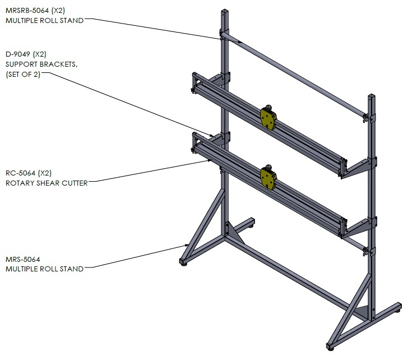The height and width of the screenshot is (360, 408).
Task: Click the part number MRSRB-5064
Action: pyautogui.click(x=27, y=11)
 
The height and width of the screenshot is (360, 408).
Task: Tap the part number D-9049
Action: pyautogui.click(x=18, y=54)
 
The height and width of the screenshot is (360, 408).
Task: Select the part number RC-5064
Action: pyautogui.click(x=20, y=173)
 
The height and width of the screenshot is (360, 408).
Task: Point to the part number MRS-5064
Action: pyautogui.click(x=23, y=259)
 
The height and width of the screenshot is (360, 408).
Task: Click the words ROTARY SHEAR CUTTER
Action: pyautogui.click(x=47, y=183)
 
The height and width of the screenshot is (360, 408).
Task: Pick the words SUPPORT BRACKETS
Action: pyautogui.click(x=41, y=64)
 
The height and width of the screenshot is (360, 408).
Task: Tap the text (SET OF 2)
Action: pyautogui.click(x=23, y=75)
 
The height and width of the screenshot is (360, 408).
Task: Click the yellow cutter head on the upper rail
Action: pyautogui.click(x=268, y=119)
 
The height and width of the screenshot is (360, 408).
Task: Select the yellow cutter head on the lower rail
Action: pyautogui.click(x=268, y=178)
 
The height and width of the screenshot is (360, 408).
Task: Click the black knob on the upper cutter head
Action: pyautogui.click(x=268, y=108)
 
